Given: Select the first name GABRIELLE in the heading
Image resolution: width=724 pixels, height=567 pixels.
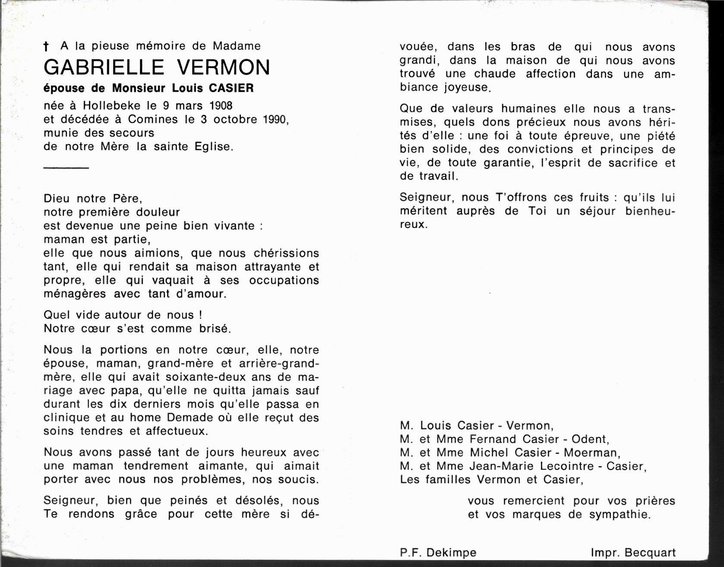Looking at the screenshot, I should [104, 67].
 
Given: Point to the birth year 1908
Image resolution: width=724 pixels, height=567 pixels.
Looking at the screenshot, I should [221, 105].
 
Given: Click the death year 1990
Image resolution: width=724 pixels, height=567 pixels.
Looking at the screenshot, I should [275, 119].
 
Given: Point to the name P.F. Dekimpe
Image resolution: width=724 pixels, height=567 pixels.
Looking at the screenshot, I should [438, 552].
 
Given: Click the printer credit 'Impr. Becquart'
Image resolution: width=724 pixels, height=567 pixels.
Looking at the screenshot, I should [633, 552].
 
